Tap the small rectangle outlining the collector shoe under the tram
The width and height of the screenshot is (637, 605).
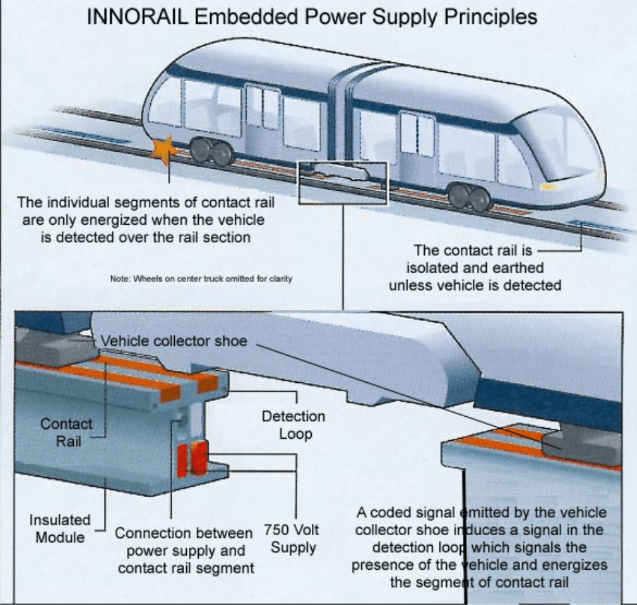pos(342,181)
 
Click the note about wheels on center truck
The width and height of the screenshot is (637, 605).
pos(201,279)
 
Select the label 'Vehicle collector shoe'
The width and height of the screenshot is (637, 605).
pos(174,341)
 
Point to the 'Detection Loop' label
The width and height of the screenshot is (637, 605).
pos(293,425)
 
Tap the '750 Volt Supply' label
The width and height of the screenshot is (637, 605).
pos(291,539)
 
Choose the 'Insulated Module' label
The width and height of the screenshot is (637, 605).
pos(59,528)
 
